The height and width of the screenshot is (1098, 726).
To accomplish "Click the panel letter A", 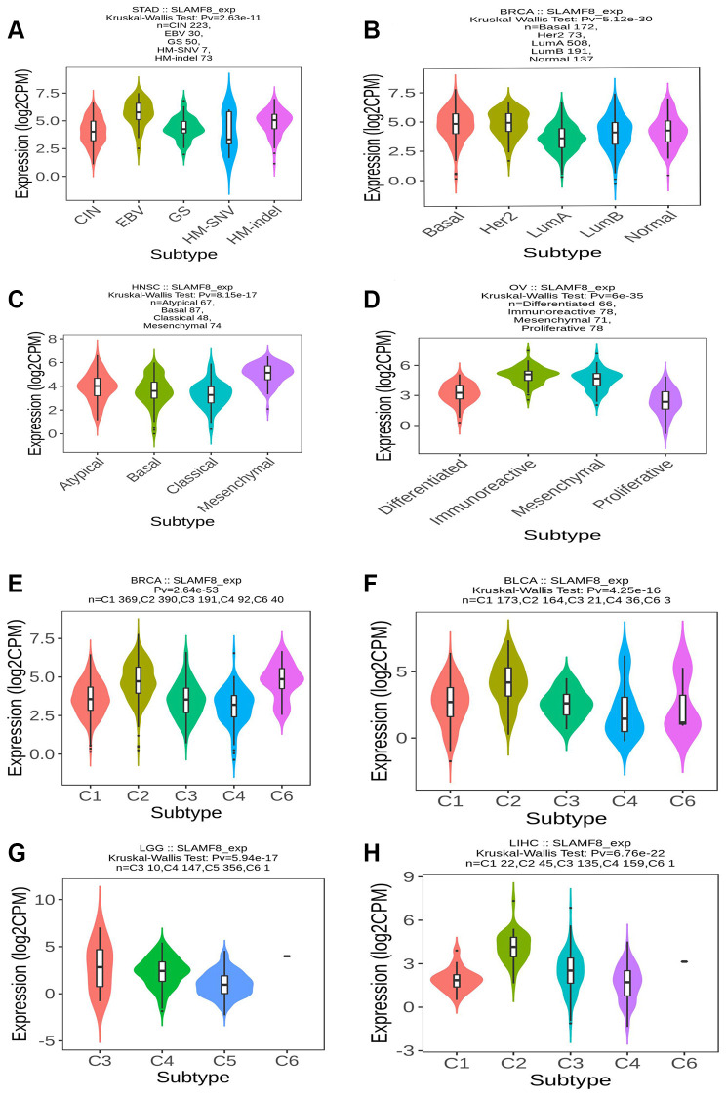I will pyautogui.click(x=17, y=30).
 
